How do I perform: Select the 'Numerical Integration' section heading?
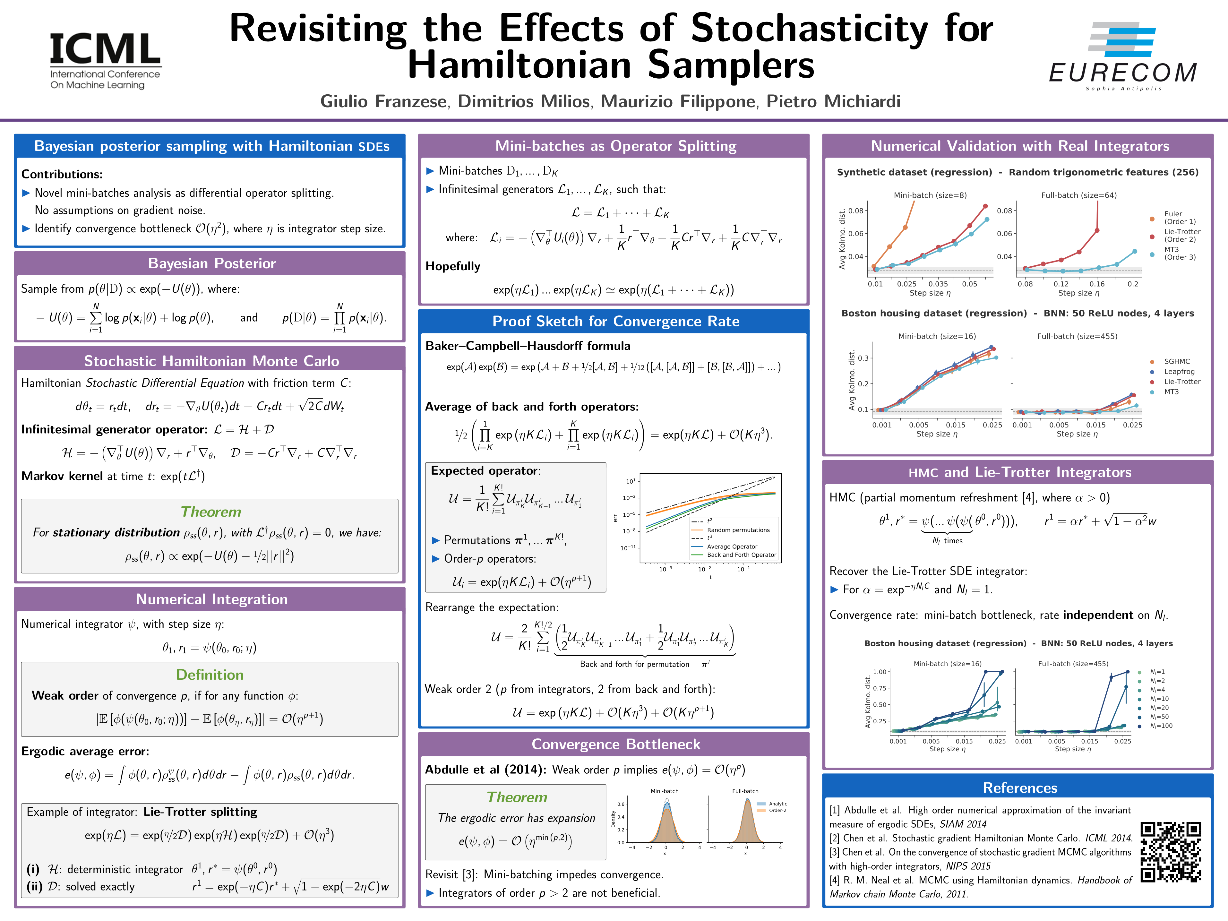211,599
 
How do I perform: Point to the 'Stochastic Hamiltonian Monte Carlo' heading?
211,361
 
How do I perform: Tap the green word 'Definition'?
210,675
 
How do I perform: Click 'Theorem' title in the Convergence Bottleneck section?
517,797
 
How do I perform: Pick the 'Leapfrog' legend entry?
1179,371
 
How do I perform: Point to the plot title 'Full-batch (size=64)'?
1079,195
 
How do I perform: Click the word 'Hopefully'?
452,266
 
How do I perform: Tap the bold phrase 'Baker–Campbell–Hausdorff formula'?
528,346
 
